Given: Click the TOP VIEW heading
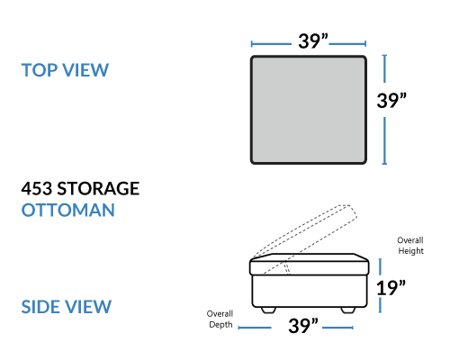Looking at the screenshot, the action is (65, 70).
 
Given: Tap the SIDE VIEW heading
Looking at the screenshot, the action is (67, 307).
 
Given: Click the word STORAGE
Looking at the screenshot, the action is (98, 188).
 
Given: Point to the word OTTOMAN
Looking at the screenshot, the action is (68, 210).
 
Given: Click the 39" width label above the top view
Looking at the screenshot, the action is (313, 41).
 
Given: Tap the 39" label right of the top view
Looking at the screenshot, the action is (391, 101).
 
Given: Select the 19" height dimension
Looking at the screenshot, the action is (391, 288).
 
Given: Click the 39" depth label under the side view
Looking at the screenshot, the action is (303, 326).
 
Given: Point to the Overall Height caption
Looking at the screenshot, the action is (410, 246).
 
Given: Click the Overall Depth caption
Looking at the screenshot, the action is (220, 319).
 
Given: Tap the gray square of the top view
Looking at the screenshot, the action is (309, 110).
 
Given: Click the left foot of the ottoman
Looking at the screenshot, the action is (268, 310).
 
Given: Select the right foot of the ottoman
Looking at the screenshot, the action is (348, 310).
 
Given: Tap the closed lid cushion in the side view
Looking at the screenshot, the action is (310, 265).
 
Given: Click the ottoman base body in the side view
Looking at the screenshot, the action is (310, 291).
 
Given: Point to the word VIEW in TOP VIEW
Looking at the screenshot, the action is (85, 70).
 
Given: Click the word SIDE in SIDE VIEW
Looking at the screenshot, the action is (40, 307).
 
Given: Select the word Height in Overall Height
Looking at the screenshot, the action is (410, 251).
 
